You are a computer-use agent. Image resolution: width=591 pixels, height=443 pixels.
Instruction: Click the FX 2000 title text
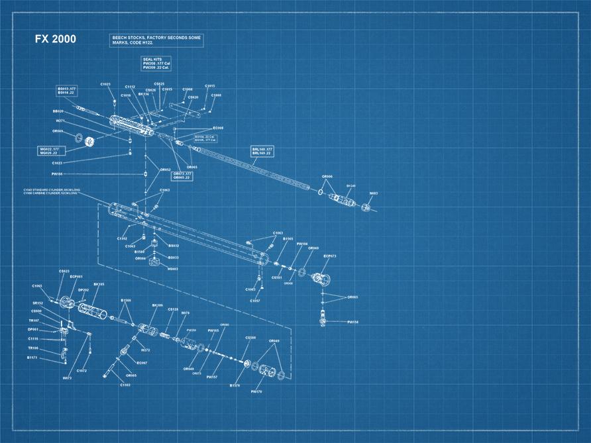coord(56,40)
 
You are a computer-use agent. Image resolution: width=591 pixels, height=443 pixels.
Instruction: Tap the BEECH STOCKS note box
coord(156,40)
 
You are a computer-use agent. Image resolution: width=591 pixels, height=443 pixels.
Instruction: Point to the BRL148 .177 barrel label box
coord(264,151)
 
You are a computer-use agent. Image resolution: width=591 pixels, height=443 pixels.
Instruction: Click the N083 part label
coord(373,193)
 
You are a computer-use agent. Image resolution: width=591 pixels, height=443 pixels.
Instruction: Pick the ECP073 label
coord(330,256)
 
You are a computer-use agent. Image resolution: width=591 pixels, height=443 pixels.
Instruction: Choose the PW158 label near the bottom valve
coord(352,322)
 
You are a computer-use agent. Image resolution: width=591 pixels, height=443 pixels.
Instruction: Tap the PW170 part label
coord(257,391)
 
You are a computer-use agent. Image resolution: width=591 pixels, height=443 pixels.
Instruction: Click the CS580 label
coord(250,338)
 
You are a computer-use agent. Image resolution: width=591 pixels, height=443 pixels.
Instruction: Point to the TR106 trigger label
coord(33,348)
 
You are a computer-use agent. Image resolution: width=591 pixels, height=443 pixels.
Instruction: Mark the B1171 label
coord(32,358)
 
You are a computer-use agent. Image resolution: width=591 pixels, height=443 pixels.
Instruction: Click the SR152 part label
coord(37,303)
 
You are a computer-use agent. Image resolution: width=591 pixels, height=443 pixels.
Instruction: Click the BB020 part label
coord(58,111)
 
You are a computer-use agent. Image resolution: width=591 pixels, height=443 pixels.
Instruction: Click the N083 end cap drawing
coord(366,207)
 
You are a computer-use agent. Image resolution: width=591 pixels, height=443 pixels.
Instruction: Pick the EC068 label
coord(219,128)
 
